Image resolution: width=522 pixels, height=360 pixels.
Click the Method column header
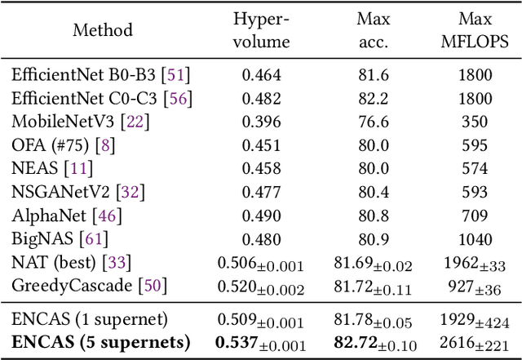pos(103,30)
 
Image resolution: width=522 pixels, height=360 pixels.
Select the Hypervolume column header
pos(261,29)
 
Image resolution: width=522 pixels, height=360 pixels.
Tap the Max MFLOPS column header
pos(476,29)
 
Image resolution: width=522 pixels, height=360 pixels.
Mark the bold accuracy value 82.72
pos(356,340)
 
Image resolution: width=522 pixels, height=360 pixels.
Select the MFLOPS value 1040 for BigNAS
pos(475,240)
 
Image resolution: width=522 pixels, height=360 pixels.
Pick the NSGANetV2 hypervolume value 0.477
pos(261,193)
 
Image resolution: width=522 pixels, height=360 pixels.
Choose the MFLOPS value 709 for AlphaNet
pos(475,216)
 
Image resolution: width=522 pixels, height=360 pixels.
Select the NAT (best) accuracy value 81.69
pos(356,264)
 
